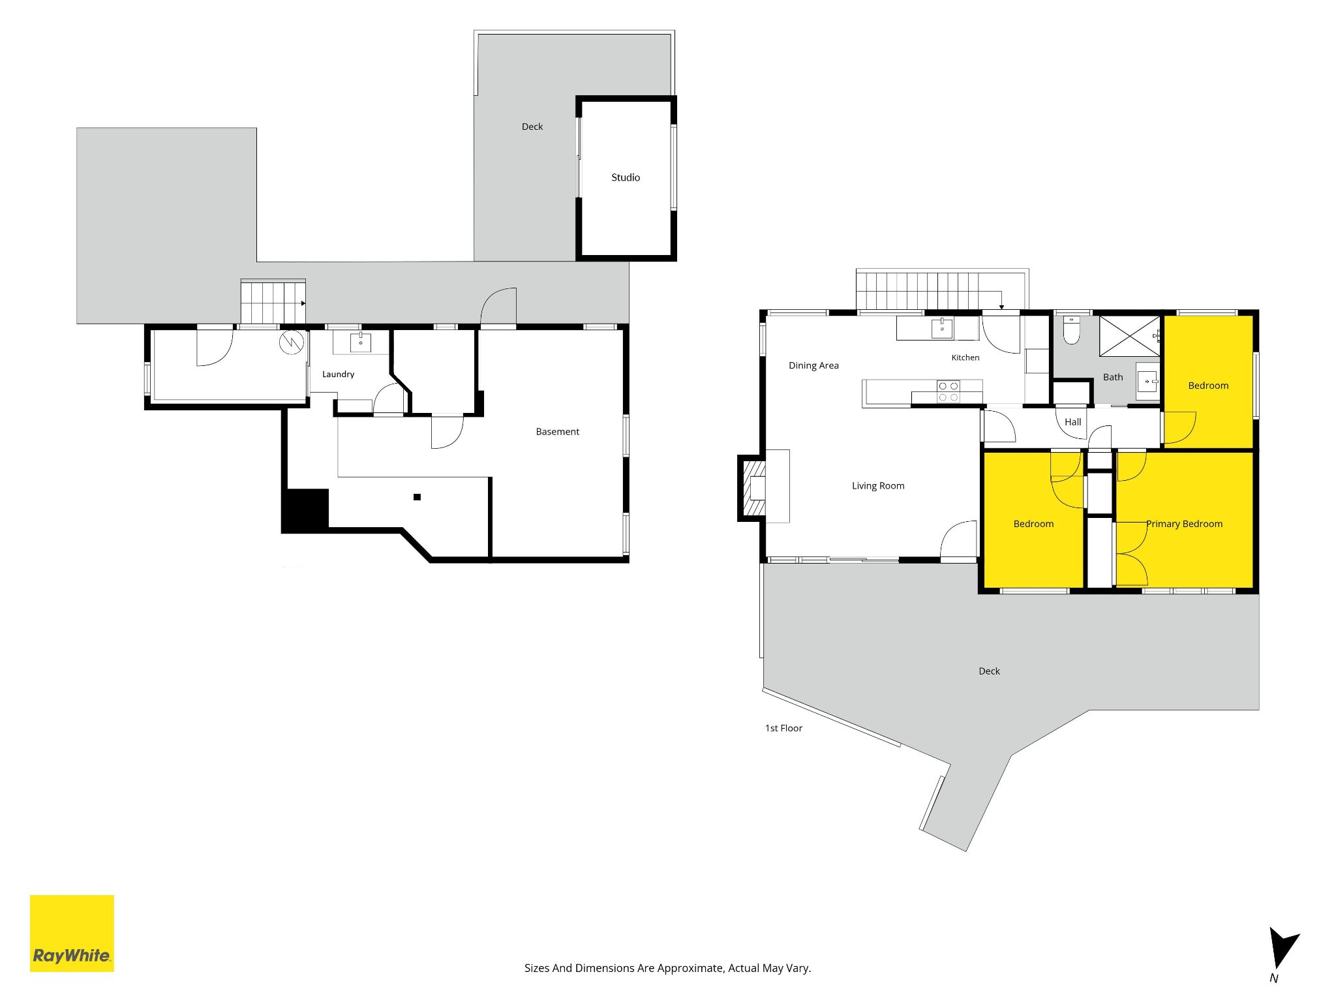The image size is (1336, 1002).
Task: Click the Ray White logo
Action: [x=72, y=933]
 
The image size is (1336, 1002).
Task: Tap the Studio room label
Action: [x=626, y=177]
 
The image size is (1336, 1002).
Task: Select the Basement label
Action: [x=558, y=432]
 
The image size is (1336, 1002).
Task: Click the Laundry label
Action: [x=338, y=374]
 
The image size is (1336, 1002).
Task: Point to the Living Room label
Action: [x=878, y=486]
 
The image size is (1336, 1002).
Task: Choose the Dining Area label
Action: [x=813, y=365]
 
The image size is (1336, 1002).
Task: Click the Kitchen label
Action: [x=965, y=357]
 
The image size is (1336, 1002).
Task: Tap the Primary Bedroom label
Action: [x=1185, y=524]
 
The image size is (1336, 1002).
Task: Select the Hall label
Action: [x=1073, y=422]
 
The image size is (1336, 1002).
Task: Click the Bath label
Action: [x=1113, y=377]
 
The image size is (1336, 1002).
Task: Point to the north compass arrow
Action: [x=1282, y=948]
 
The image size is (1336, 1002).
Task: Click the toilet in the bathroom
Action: [x=1072, y=329]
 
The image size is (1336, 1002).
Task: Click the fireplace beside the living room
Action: [x=753, y=488]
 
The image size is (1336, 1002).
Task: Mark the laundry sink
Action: [x=361, y=342]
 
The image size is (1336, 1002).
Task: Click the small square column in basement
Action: [x=417, y=497]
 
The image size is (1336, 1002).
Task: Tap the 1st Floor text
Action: [x=783, y=728]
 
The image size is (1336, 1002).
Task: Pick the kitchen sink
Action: [x=942, y=328]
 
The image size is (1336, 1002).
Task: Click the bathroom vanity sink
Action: [x=1147, y=381]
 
